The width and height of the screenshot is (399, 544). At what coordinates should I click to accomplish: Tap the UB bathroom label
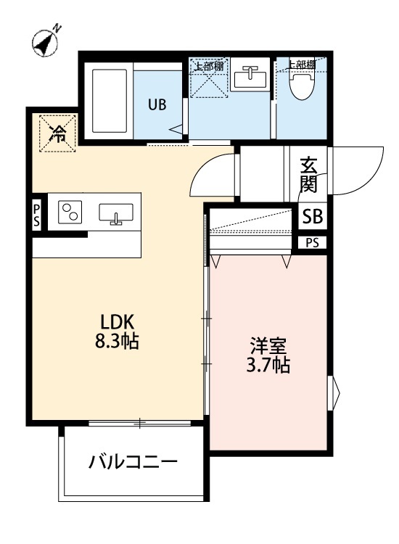157,104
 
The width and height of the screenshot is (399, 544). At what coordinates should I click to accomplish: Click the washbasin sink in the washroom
250,77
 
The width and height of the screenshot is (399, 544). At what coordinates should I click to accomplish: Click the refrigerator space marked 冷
56,133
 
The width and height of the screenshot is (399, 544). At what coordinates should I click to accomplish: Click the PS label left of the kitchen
37,215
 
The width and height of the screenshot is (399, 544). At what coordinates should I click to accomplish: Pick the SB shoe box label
313,216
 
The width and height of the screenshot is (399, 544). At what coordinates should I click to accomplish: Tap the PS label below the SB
312,243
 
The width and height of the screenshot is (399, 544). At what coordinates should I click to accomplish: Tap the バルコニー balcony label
133,461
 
